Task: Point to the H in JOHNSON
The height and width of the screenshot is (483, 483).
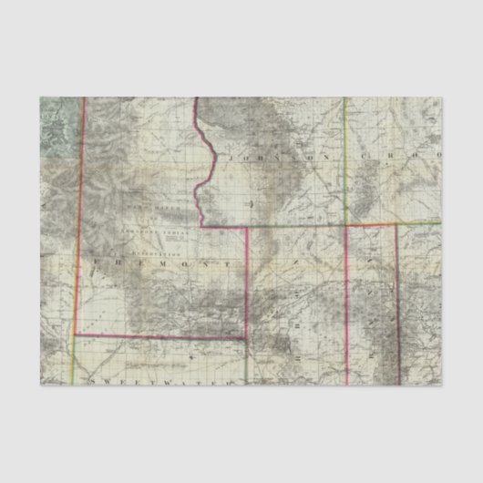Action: click(x=265, y=158)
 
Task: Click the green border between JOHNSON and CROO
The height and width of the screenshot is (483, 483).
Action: click(x=345, y=164)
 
